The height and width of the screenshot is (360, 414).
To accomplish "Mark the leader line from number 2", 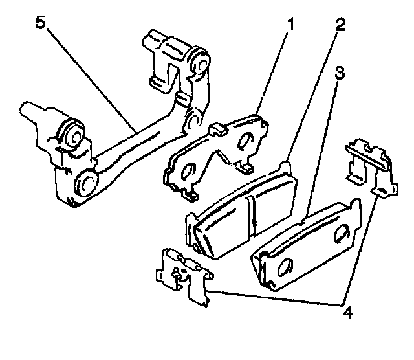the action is coord(313,95).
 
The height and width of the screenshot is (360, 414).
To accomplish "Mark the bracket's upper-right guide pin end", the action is coord(199,63).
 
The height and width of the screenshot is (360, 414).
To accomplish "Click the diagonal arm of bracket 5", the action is coord(139,140).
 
